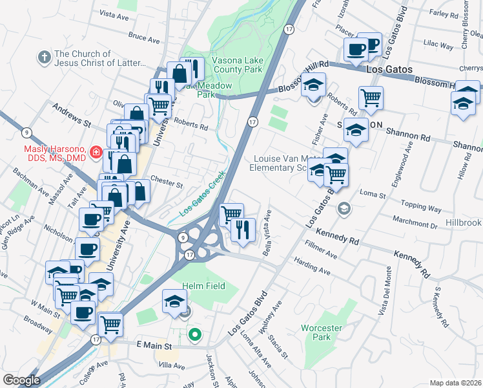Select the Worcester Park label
tap(316, 332)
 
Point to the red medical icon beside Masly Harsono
tap(96, 153)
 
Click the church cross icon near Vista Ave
tap(44, 58)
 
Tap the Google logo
tap(21, 380)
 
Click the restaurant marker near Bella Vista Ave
tap(243, 230)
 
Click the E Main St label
tap(153, 347)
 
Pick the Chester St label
tap(167, 182)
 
